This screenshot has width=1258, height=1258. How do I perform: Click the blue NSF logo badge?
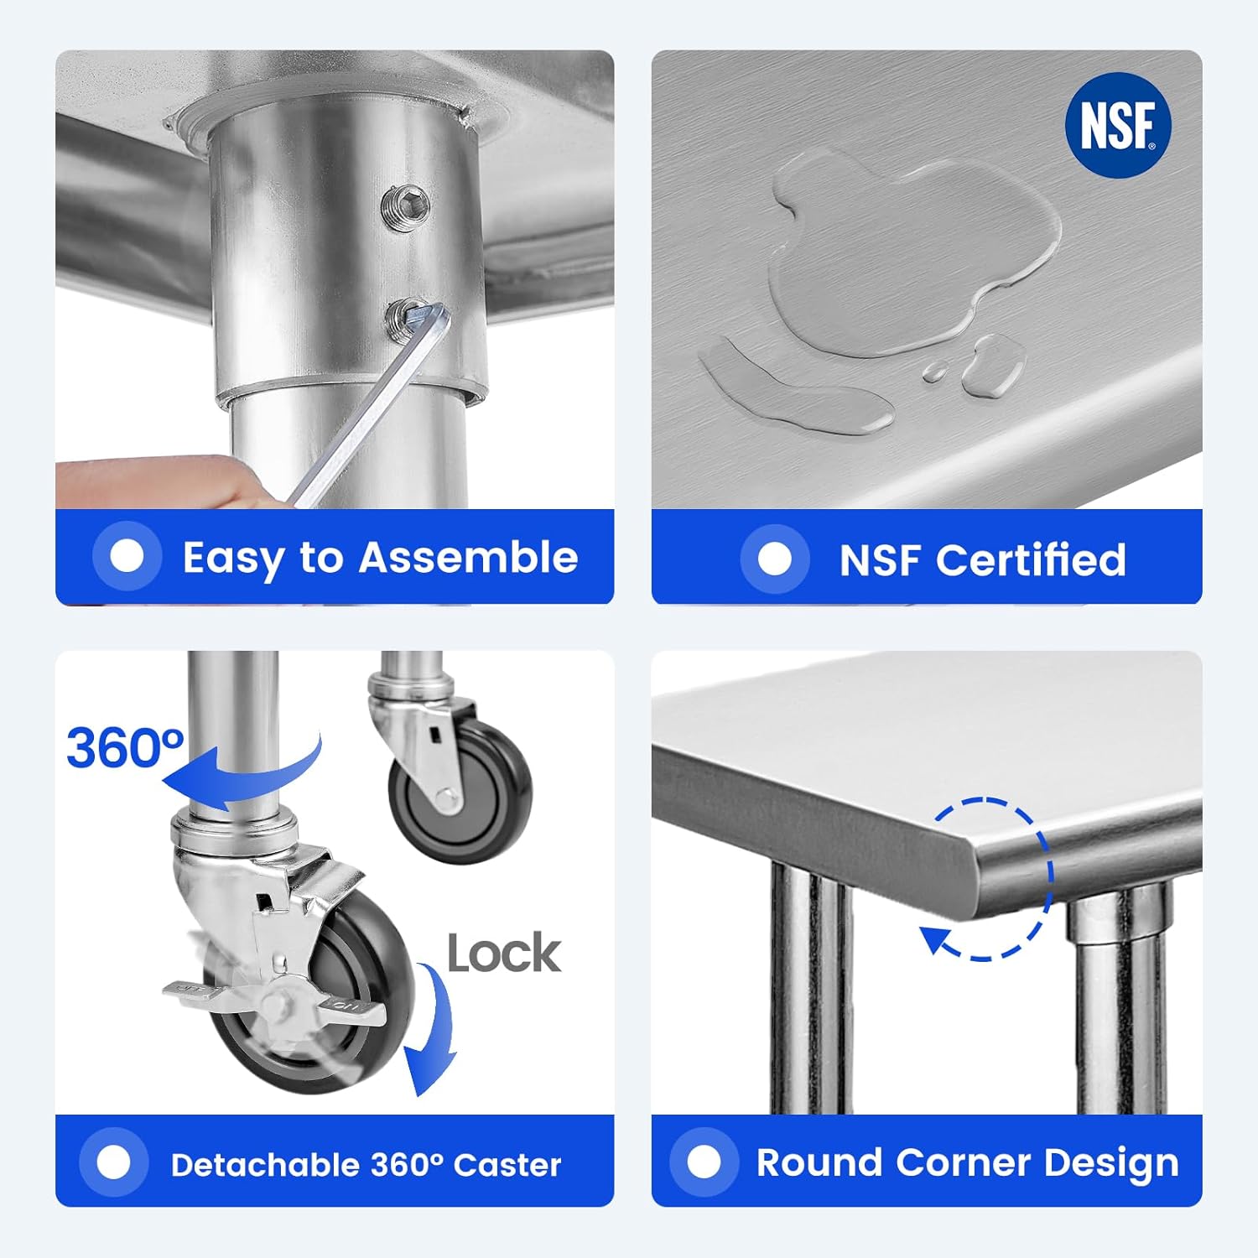tap(1118, 125)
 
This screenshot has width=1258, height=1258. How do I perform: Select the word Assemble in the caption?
tap(469, 558)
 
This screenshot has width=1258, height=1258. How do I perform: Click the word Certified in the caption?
tap(1031, 559)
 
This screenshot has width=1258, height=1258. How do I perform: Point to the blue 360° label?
tap(125, 748)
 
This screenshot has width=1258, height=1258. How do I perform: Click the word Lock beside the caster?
tap(504, 954)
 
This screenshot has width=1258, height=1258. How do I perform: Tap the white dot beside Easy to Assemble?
tap(127, 556)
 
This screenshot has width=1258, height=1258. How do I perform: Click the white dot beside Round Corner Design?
tap(704, 1162)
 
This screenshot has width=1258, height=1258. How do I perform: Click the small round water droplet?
tap(934, 372)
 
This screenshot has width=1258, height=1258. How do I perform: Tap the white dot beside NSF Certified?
tap(774, 559)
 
